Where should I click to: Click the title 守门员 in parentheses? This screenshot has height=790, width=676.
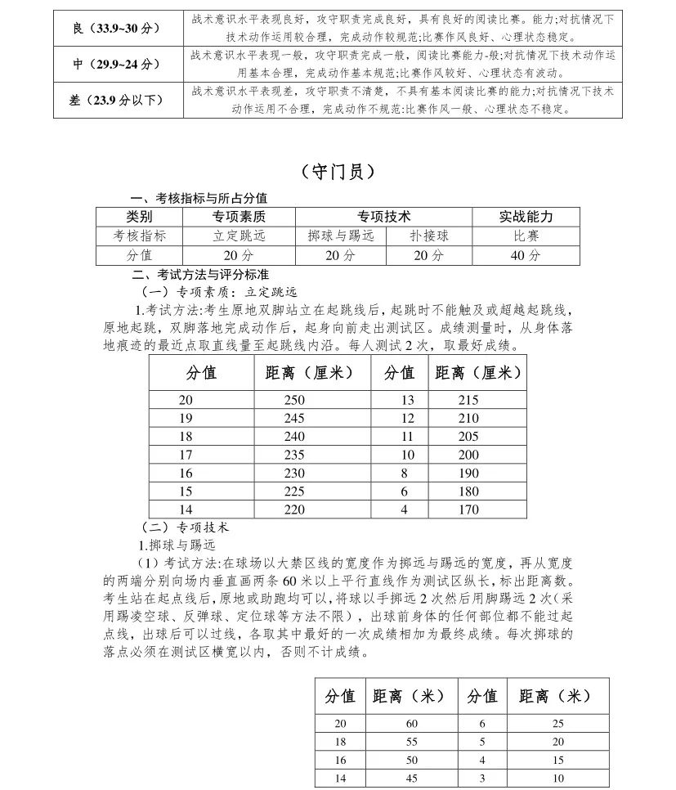pos(338,172)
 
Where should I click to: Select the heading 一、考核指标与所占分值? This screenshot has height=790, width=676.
pos(199,199)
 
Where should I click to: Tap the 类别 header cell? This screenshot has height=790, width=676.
pos(139,217)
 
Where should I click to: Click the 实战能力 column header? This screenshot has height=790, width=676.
pos(526,217)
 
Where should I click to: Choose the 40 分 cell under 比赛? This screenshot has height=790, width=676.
pos(526,255)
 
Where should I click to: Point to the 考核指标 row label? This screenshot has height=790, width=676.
pos(139,236)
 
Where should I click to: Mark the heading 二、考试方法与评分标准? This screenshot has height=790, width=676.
pos(199,274)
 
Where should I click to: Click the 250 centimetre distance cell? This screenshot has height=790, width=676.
pos(293,400)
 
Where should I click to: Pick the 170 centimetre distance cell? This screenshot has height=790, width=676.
pos(468,509)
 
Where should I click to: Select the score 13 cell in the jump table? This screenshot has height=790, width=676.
pos(406,400)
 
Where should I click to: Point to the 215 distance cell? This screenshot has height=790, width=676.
pos(468,400)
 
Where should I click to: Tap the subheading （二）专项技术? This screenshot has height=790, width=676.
pos(186,527)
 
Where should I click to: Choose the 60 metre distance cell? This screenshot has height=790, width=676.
pos(411,724)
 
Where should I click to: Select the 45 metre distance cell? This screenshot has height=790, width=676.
pos(411,779)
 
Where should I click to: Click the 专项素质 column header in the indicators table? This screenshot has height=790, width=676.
pos(239,217)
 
